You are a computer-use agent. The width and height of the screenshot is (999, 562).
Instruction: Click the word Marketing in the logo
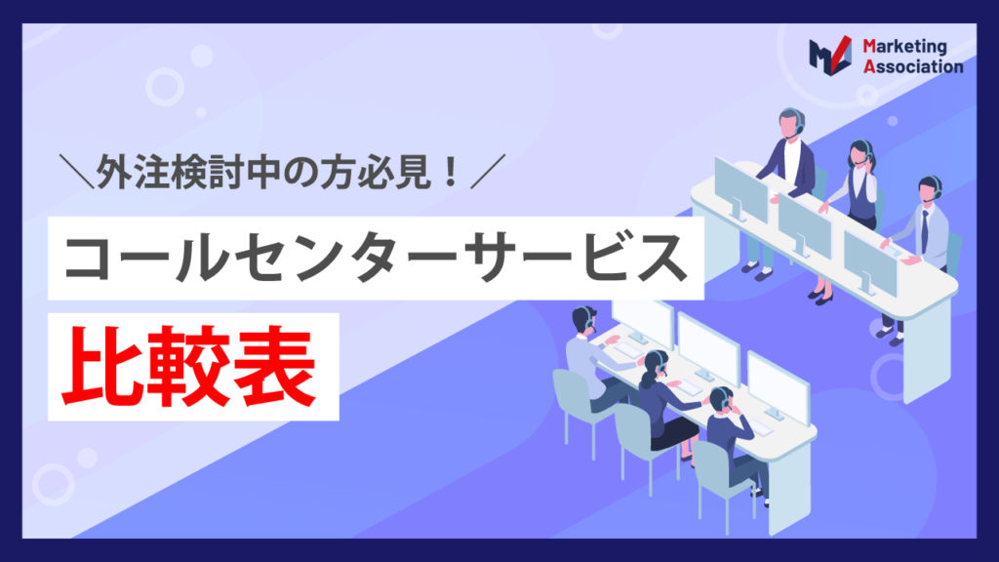coord(904,47)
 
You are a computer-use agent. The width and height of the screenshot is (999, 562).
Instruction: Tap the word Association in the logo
coord(913,66)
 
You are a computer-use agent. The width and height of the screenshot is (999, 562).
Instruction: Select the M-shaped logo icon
coord(830,56)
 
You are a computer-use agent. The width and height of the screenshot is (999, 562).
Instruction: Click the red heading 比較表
coord(188,367)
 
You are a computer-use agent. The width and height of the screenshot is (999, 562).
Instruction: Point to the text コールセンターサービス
coord(376,258)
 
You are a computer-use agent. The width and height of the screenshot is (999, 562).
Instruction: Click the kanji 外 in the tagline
coord(115,172)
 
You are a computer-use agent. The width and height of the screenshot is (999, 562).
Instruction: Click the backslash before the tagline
coord(76,172)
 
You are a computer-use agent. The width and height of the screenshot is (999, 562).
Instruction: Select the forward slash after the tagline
coord(488,172)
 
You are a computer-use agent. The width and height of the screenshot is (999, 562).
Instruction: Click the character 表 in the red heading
coord(274,367)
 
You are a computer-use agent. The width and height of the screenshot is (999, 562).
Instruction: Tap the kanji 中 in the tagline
coord(263,172)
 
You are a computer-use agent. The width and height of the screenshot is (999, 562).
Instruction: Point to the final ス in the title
coord(661,258)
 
